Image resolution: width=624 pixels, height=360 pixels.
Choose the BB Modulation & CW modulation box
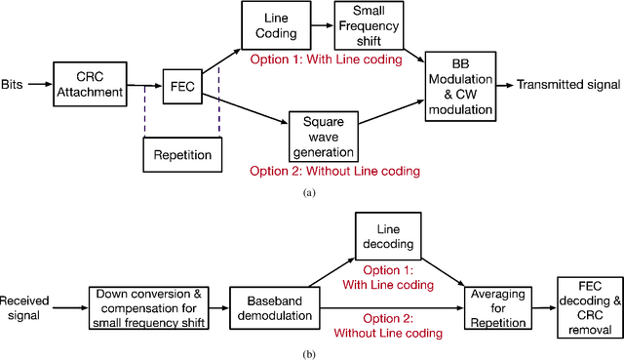click(x=461, y=87)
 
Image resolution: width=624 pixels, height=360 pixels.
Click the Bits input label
click(x=15, y=86)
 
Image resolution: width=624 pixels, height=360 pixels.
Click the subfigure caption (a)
click(x=310, y=193)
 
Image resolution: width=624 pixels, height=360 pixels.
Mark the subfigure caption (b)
click(x=310, y=352)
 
